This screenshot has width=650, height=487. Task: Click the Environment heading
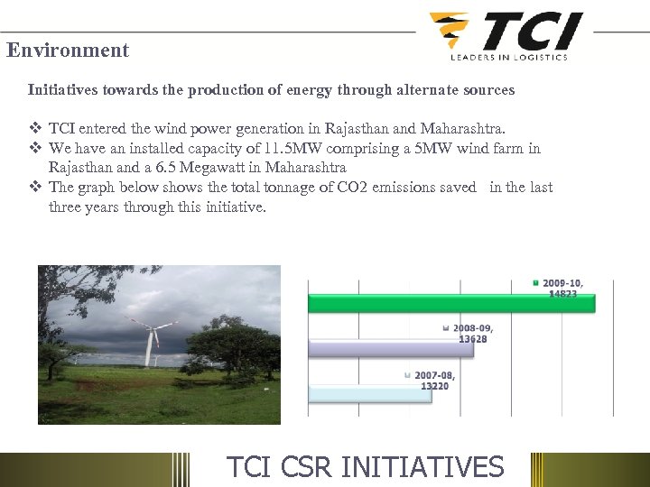[68, 51]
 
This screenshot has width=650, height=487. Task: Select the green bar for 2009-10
[451, 303]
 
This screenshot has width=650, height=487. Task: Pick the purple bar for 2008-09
[390, 348]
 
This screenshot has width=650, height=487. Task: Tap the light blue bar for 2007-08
[369, 393]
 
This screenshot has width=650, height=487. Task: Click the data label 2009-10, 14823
[562, 289]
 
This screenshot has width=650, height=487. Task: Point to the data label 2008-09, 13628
[473, 334]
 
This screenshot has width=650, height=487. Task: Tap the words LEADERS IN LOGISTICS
[509, 57]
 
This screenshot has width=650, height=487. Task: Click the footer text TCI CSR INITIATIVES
[365, 467]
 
